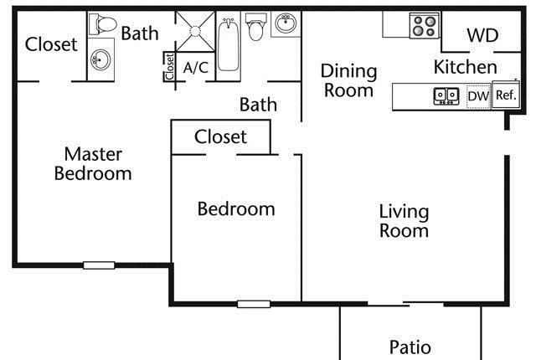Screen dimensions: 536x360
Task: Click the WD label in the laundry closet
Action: [x=482, y=35]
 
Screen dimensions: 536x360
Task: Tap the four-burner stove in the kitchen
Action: [x=425, y=26]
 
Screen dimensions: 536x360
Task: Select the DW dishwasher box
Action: [x=478, y=96]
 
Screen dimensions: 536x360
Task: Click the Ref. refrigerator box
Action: [x=506, y=95]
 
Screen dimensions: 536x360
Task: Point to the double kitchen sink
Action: [x=446, y=96]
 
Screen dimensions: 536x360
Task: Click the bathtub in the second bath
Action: [x=228, y=44]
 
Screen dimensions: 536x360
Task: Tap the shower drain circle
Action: [x=195, y=31]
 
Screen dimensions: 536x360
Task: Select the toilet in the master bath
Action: [x=102, y=24]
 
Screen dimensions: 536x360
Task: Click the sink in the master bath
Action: [x=100, y=59]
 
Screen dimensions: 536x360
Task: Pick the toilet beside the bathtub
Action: [x=255, y=27]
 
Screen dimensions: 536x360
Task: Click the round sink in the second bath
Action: [x=286, y=23]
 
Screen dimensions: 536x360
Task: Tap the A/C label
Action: [x=195, y=68]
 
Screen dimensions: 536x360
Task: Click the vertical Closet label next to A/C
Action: [x=169, y=67]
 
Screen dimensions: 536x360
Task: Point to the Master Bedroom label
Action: [x=93, y=163]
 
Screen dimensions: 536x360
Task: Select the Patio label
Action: [x=410, y=347]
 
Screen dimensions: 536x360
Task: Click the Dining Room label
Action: [x=348, y=80]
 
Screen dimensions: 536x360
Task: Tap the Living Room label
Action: [x=404, y=221]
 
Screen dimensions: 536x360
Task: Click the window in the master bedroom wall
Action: [x=99, y=265]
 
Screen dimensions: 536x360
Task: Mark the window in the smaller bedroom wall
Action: [x=254, y=304]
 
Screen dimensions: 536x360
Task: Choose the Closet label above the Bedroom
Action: [x=220, y=137]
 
